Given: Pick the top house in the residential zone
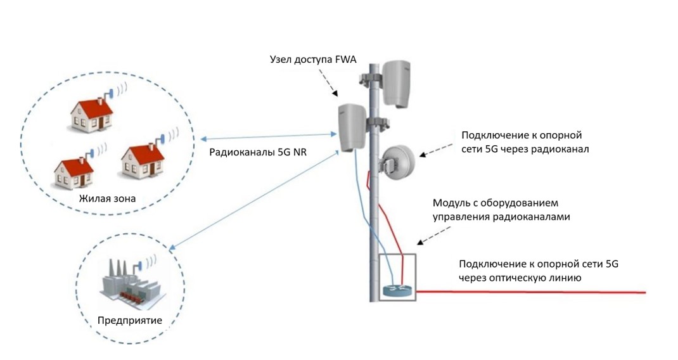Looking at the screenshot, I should coord(91,115).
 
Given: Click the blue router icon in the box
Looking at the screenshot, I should coord(397,290).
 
